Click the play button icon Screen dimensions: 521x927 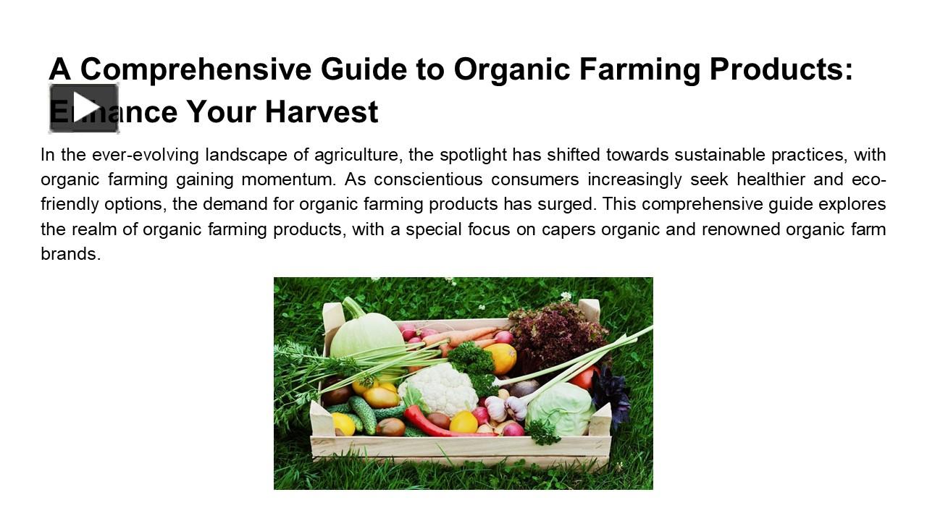pyautogui.click(x=84, y=109)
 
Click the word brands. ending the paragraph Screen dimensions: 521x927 pyautogui.click(x=70, y=254)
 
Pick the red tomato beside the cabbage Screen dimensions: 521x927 pyautogui.click(x=585, y=376)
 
